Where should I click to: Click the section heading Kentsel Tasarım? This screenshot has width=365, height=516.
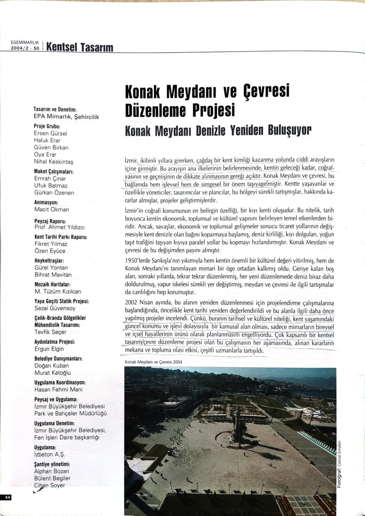pos(80,47)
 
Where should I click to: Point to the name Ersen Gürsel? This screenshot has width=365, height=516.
pos(50,133)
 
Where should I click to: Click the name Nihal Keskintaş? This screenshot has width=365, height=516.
pos(54,162)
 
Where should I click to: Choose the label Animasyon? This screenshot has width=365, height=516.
pos(46,203)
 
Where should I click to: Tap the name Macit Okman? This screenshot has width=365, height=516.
pos(52,209)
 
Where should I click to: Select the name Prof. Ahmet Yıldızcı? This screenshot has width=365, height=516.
pos(59,227)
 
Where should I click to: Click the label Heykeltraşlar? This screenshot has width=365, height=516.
pos(49,261)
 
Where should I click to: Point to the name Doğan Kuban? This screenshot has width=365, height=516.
pos(51,366)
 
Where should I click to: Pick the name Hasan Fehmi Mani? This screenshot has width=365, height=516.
pos(58,389)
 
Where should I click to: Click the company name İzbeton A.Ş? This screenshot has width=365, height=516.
pos(50,454)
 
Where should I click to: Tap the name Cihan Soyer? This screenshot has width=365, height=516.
pos(50,485)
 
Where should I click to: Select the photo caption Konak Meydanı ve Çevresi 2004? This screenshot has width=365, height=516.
pos(153,362)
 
